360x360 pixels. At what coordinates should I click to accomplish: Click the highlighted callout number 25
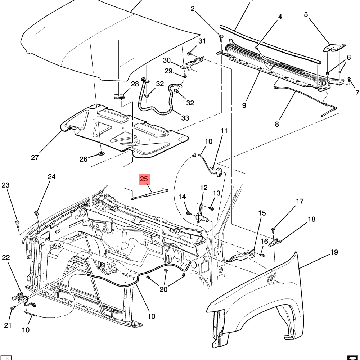pyautogui.click(x=145, y=179)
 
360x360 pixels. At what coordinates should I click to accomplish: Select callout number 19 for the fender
pyautogui.click(x=334, y=252)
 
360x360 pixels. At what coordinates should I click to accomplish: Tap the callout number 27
pyautogui.click(x=35, y=158)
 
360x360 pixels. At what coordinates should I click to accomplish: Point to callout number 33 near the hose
pyautogui.click(x=185, y=118)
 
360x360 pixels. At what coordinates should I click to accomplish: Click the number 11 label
pyautogui.click(x=224, y=130)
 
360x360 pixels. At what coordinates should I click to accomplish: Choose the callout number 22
pyautogui.click(x=6, y=257)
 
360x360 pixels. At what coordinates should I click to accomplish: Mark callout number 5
pyautogui.click(x=306, y=15)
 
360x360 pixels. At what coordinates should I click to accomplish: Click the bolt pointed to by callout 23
pyautogui.click(x=18, y=224)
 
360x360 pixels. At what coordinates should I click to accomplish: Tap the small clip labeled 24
pyautogui.click(x=36, y=213)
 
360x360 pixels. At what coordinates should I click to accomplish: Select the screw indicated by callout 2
pyautogui.click(x=221, y=38)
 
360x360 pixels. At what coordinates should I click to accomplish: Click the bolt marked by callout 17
pyautogui.click(x=273, y=230)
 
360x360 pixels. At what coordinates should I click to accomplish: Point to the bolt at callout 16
pyautogui.click(x=262, y=255)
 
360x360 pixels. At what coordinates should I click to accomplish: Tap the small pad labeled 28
pyautogui.click(x=119, y=96)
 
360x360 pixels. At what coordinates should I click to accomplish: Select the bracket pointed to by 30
pyautogui.click(x=193, y=63)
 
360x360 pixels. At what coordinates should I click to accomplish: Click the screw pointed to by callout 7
pyautogui.click(x=349, y=80)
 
